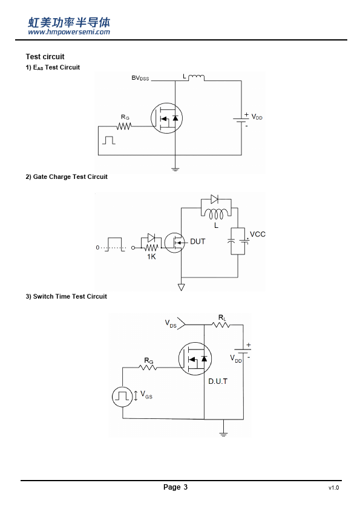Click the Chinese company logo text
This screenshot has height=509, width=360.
coord(69,22)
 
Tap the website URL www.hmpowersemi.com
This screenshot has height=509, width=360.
coord(69,32)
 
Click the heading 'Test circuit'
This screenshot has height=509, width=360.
coord(45,57)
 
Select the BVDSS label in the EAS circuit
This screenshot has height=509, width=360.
coord(140,78)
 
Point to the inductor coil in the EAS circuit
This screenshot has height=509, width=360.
coord(196,77)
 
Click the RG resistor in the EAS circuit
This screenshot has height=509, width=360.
coord(124,126)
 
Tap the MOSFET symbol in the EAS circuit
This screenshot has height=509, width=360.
coord(166,118)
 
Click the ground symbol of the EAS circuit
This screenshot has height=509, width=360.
coord(175,169)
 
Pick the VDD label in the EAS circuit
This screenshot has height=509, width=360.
coord(257,117)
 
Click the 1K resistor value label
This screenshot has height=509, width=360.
coord(151,257)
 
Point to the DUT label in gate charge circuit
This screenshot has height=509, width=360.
coord(197,242)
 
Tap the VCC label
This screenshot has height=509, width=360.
coord(257,235)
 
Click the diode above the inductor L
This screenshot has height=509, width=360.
coord(214,199)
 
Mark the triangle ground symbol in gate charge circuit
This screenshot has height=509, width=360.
coord(182,287)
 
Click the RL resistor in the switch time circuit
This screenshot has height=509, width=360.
coord(221,325)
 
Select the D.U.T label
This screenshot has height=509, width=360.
coord(218,381)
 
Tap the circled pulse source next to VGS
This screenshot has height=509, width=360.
coord(122,397)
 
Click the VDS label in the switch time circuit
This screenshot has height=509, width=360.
coord(171,323)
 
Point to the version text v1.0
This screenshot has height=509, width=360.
coord(334,488)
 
